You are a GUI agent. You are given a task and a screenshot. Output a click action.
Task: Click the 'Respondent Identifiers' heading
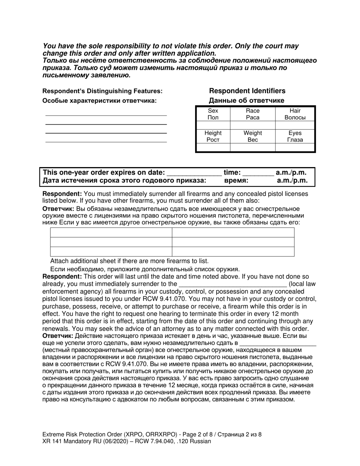click(247, 91)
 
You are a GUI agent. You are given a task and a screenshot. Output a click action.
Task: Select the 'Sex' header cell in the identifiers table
click(213, 114)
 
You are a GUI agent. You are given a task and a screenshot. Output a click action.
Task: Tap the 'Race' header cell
click(252, 114)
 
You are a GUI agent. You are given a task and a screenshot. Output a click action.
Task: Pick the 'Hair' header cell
click(295, 114)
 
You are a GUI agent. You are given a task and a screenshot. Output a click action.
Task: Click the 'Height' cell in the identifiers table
click(213, 136)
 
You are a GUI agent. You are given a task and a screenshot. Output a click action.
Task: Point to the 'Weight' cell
click(252, 136)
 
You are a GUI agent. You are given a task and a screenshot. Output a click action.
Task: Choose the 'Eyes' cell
click(295, 136)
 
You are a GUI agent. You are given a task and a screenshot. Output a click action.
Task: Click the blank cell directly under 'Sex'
click(213, 125)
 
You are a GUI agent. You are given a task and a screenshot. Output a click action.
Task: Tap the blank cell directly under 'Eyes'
click(295, 147)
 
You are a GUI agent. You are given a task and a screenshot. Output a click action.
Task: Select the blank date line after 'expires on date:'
click(194, 174)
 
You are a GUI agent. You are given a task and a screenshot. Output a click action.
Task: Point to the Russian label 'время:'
click(236, 181)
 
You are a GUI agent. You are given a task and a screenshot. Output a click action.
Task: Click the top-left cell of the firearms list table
click(111, 232)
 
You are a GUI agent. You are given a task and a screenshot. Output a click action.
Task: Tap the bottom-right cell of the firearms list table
click(233, 252)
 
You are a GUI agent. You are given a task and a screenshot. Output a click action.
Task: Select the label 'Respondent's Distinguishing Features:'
click(102, 91)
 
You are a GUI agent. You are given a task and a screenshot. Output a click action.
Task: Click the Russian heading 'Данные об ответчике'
click(247, 100)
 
